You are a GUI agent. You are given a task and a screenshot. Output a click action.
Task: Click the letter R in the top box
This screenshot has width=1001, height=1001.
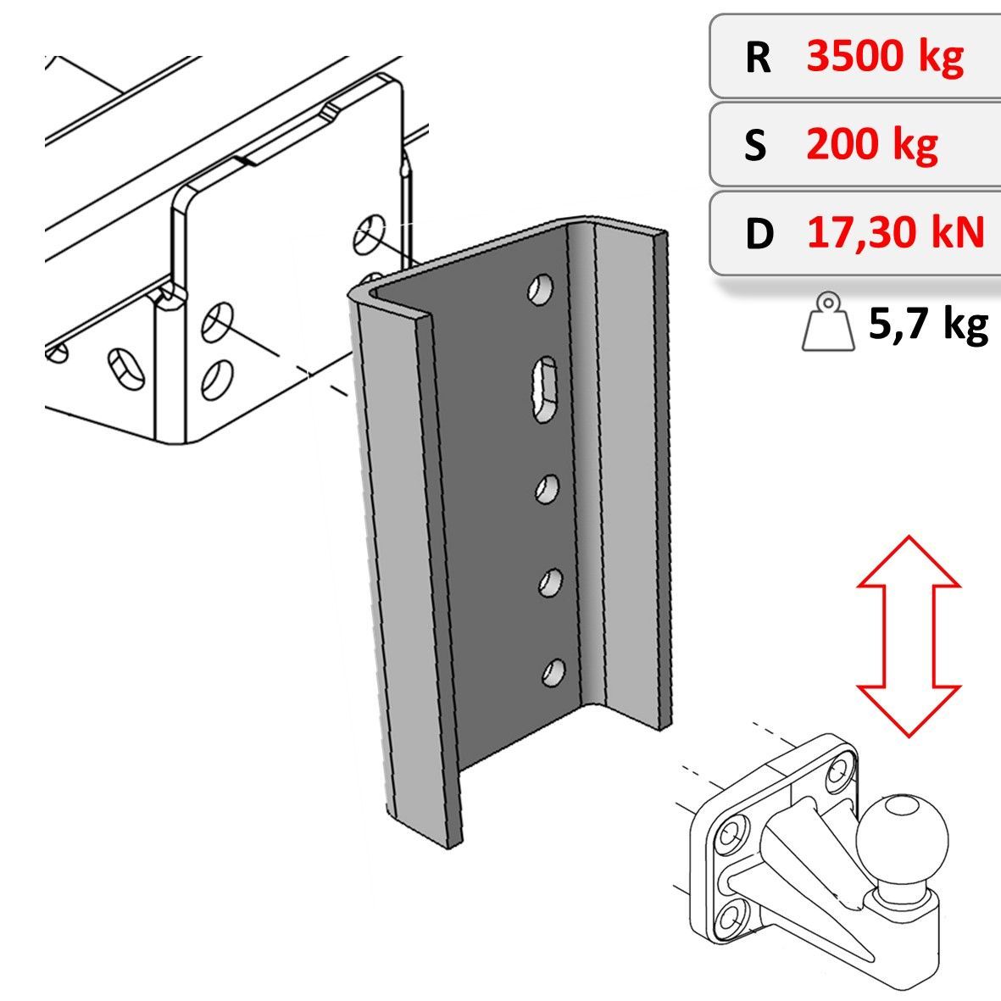point(758,58)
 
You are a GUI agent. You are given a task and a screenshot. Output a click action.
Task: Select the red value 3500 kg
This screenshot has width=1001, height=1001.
point(885,56)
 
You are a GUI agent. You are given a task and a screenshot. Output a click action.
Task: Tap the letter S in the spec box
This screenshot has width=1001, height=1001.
point(755,144)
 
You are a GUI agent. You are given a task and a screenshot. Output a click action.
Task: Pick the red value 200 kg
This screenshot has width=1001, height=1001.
point(872,144)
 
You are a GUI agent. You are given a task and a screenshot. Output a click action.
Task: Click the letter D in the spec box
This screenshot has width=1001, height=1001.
point(759,233)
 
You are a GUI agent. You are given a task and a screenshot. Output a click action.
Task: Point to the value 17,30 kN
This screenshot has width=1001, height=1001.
point(896,231)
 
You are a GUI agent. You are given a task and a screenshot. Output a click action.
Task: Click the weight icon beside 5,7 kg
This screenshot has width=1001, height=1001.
point(829,321)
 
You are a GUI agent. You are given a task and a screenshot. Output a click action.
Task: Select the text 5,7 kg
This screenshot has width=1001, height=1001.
point(928,325)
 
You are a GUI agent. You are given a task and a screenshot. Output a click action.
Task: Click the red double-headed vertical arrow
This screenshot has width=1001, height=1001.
point(909,636)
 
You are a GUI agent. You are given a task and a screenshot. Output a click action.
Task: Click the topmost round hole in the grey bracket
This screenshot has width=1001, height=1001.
point(541,288)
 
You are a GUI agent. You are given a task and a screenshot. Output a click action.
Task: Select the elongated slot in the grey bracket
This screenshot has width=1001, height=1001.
point(543,389)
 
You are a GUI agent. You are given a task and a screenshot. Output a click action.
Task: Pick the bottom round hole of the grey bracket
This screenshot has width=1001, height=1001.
point(553,672)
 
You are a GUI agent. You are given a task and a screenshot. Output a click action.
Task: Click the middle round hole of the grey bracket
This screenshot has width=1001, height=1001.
point(547,488)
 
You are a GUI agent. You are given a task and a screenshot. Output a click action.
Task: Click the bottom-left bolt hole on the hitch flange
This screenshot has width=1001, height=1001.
point(730,920)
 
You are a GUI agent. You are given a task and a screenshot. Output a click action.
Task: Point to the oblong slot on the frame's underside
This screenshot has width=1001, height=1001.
point(125,369)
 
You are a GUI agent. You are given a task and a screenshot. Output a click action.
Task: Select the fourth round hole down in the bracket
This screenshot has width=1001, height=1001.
point(549,582)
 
